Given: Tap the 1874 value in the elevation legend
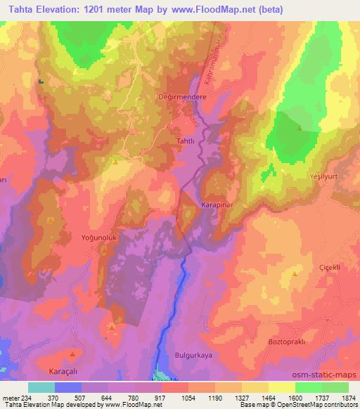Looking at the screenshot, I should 347,397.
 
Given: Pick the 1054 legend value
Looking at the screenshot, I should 187,397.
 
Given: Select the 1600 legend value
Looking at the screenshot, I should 293,397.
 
